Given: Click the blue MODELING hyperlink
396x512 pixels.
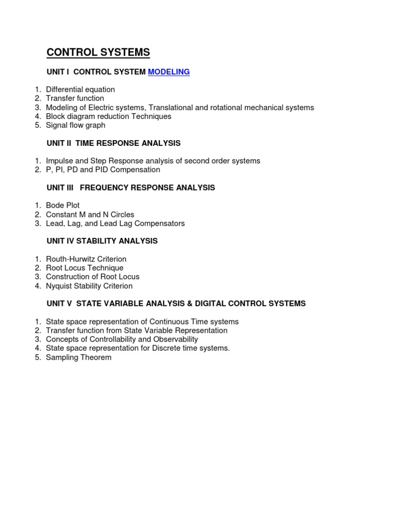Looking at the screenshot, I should coord(169,72).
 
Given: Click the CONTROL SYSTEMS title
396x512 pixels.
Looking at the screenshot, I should coord(98,53).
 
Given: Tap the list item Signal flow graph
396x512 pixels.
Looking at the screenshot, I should coord(75,125).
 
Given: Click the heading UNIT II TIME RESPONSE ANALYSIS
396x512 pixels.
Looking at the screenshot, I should coord(113,143).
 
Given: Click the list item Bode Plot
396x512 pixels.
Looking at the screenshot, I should coord(62,206).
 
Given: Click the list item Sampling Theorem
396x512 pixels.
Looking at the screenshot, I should coord(78,357).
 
